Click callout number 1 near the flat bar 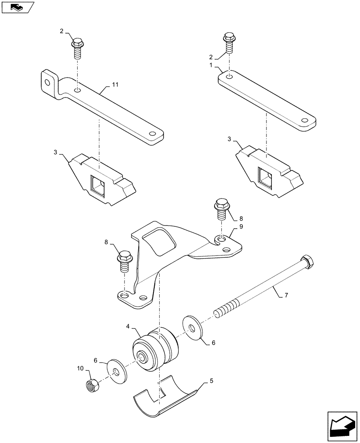tap(211, 65)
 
